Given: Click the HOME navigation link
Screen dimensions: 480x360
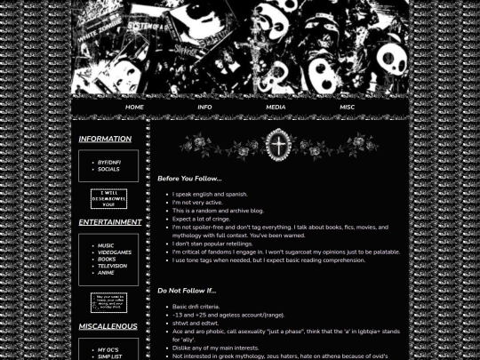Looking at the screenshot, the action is [134, 108].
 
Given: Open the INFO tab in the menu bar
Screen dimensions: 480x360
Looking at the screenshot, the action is [204, 108].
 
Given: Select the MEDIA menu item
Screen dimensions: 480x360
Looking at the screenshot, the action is [276, 108].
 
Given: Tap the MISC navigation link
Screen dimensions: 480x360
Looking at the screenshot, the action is [347, 108].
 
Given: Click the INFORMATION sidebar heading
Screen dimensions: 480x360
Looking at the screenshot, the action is [105, 140].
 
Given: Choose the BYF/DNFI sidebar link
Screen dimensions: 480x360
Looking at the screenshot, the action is [108, 163].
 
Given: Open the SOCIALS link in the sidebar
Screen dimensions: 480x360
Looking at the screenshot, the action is [108, 169].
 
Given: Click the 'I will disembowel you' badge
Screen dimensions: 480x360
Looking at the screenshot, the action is [108, 198].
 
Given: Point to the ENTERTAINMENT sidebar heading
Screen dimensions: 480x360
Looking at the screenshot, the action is [109, 222].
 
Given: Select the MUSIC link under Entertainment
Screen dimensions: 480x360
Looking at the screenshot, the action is [106, 246].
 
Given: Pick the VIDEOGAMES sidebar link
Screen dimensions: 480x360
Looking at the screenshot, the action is [114, 252].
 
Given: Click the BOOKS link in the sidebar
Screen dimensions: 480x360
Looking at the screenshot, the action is [107, 260].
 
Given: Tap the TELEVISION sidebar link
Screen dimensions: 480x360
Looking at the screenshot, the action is [112, 266].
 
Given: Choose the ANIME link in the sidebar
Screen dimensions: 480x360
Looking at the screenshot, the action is [106, 273].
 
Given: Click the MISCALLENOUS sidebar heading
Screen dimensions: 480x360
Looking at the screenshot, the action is [108, 326].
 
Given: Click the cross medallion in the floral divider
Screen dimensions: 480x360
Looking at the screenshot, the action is [279, 145].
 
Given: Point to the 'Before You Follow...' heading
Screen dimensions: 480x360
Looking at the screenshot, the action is [189, 179].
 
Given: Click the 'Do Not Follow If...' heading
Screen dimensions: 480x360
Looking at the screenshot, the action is [187, 291].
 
